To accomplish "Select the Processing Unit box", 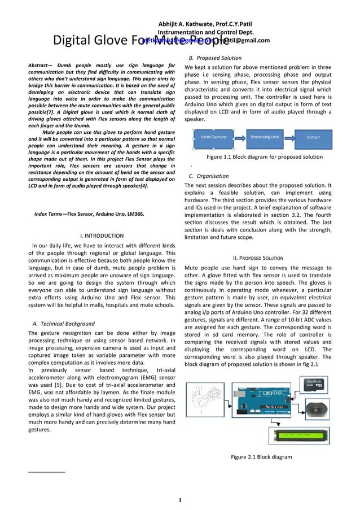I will [x=265, y=137].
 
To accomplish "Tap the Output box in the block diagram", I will [x=313, y=137].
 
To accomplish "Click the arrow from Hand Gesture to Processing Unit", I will [x=239, y=137].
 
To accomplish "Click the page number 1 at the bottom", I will [x=180, y=500].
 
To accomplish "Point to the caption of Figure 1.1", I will [x=264, y=157].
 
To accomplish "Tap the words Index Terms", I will [x=49, y=215].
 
